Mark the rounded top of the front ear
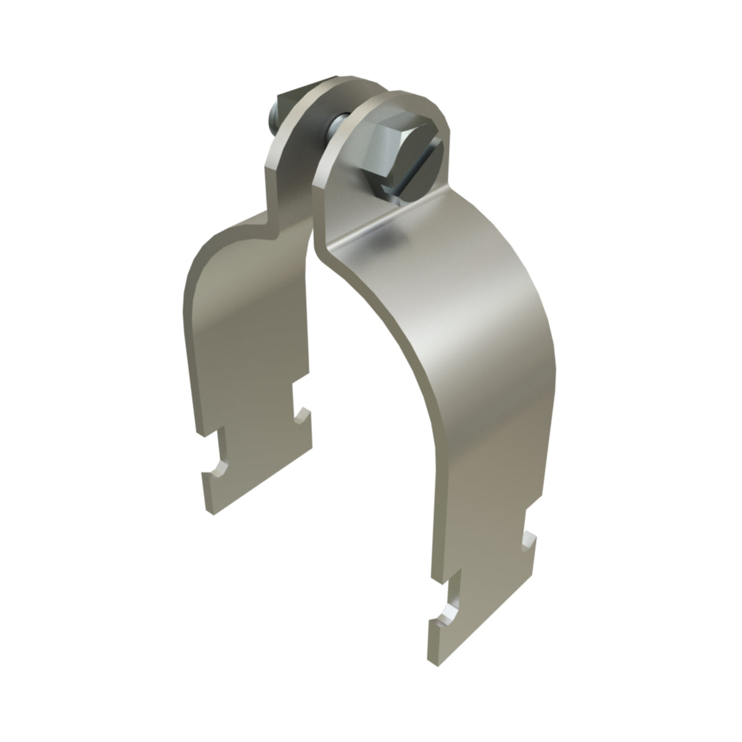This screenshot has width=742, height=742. (406, 98)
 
